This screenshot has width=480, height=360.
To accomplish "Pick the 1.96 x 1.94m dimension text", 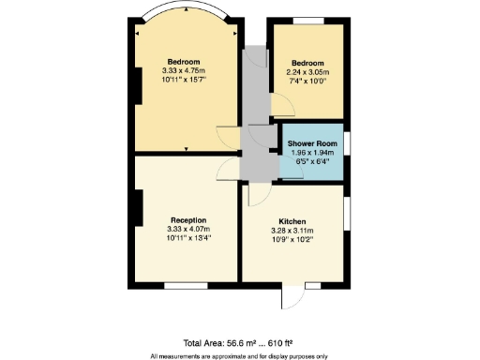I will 311,153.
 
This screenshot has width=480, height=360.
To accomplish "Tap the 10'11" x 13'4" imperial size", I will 187,238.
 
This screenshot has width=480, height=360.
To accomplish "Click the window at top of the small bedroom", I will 306,20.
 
